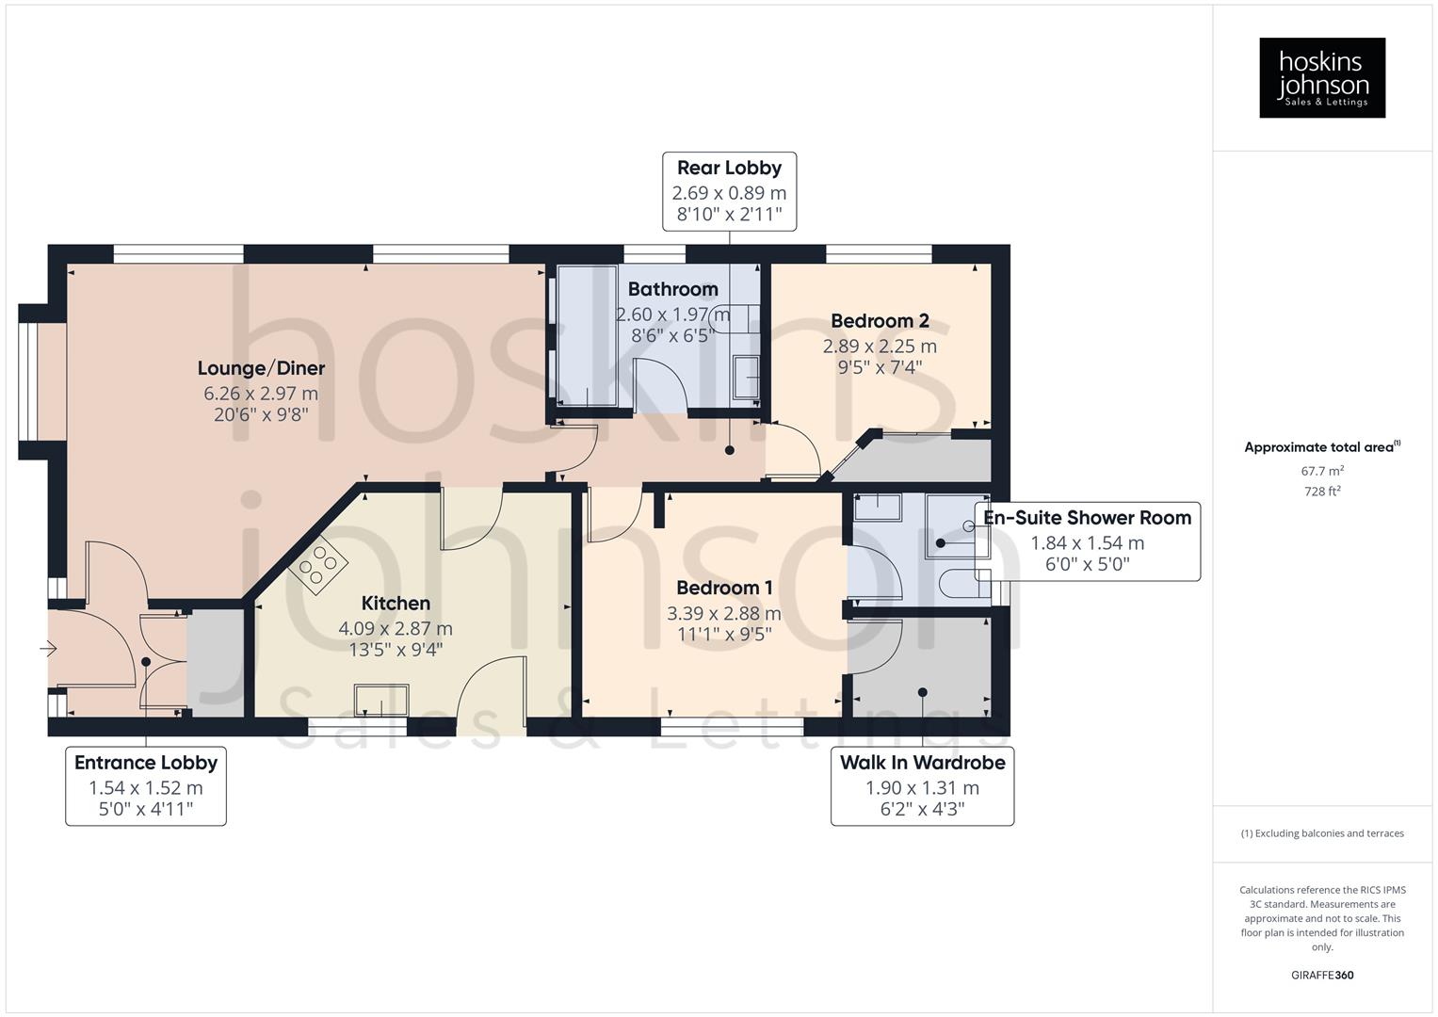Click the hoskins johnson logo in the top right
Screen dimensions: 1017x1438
pyautogui.click(x=1321, y=77)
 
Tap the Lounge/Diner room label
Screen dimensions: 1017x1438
pyautogui.click(x=261, y=368)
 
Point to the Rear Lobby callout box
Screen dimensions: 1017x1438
pyautogui.click(x=730, y=191)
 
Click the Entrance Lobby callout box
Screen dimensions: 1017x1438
pyautogui.click(x=146, y=786)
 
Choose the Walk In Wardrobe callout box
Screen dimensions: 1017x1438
pyautogui.click(x=922, y=786)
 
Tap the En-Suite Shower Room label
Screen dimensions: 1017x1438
pyautogui.click(x=1087, y=518)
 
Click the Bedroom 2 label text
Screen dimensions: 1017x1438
pyautogui.click(x=880, y=321)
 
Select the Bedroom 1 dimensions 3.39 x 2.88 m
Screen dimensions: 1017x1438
pyautogui.click(x=724, y=613)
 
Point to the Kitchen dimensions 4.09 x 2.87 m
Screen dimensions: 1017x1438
pyautogui.click(x=396, y=628)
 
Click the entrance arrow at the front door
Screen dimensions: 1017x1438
pyautogui.click(x=47, y=649)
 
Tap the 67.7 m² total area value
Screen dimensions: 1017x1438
pyautogui.click(x=1321, y=471)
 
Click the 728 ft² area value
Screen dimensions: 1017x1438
pyautogui.click(x=1321, y=492)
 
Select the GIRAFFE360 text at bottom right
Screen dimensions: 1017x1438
pyautogui.click(x=1321, y=975)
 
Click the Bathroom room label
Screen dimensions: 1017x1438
pyautogui.click(x=672, y=289)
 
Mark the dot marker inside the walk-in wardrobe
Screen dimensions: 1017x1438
pyautogui.click(x=922, y=692)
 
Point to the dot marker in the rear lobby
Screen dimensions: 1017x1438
pyautogui.click(x=730, y=451)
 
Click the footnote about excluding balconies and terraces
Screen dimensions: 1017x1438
pyautogui.click(x=1321, y=833)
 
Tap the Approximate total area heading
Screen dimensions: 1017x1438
pyautogui.click(x=1321, y=447)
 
